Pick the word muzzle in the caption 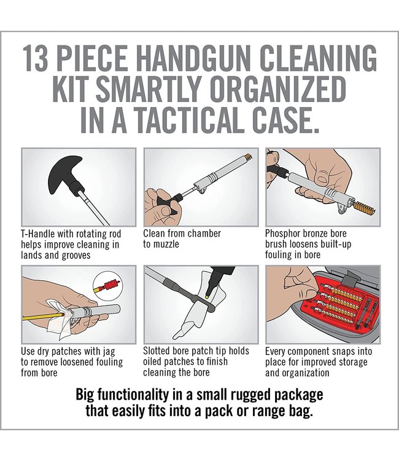click(x=166, y=243)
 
